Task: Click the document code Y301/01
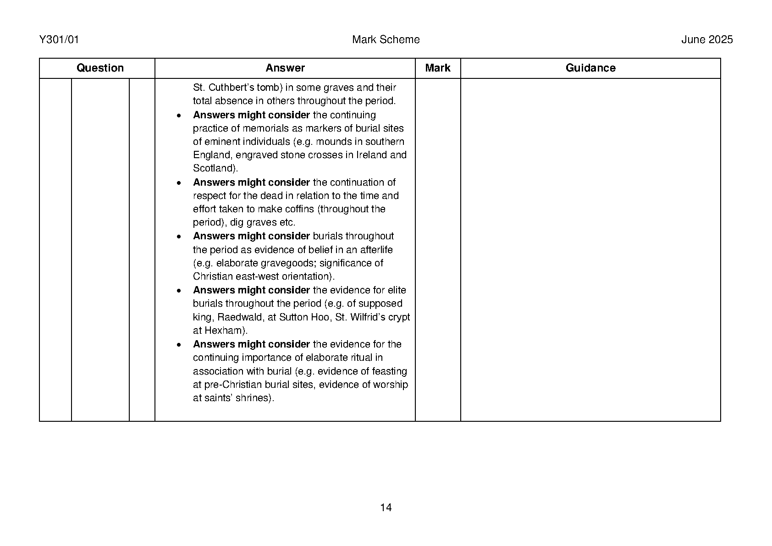point(59,40)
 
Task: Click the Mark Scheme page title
point(386,40)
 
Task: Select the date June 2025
point(706,40)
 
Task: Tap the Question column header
point(100,68)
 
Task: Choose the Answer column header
point(285,68)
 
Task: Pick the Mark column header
point(437,68)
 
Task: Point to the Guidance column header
point(590,68)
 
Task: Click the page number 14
point(386,507)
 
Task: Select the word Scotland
point(213,169)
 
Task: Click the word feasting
point(389,371)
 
